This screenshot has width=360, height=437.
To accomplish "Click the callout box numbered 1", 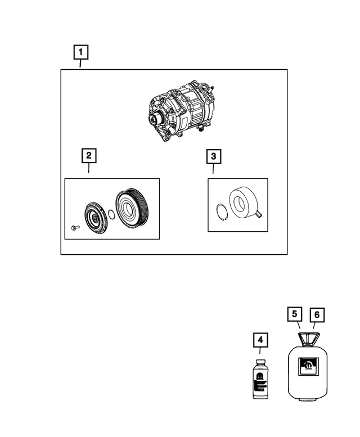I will point(82,53).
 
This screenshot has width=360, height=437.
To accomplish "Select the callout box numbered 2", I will point(88,155).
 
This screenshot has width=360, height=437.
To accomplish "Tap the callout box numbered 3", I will point(213,155).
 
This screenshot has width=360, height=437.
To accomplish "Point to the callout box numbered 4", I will point(260,339).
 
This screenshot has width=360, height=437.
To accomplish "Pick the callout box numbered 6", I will point(317,314).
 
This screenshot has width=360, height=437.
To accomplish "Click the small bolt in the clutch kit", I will point(75,227).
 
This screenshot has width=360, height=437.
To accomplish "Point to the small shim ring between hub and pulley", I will point(112,214).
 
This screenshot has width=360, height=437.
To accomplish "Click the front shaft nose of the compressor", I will point(152,119).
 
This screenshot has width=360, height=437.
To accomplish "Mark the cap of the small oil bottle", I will point(260,363).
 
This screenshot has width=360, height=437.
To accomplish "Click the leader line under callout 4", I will point(260,352).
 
